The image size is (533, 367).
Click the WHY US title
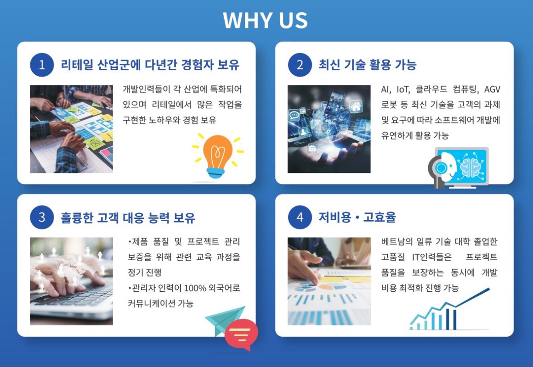265,20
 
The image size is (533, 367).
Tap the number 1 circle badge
42,65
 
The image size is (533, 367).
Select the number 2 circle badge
300,65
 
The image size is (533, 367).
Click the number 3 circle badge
42,217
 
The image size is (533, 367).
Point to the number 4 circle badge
300,217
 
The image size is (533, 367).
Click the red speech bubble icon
241,334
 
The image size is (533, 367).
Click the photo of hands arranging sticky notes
71,129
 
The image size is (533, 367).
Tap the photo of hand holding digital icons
329,129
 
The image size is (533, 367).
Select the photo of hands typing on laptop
71,282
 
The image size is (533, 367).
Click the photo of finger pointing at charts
329,282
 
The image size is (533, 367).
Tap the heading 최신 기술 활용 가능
368,65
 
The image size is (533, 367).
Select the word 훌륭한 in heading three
77,217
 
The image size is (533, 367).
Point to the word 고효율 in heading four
380,217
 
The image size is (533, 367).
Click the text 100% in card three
195,288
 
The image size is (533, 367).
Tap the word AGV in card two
492,89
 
